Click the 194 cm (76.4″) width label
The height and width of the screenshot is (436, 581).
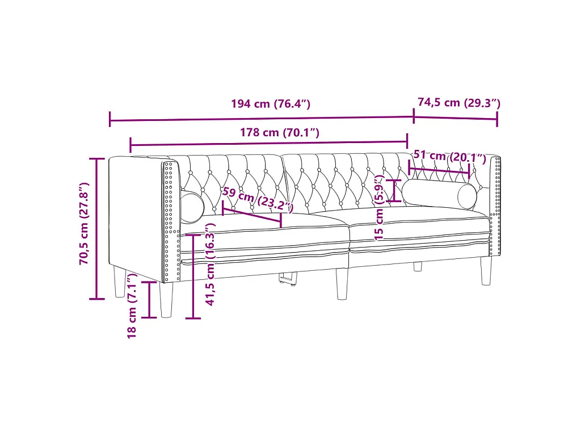271,103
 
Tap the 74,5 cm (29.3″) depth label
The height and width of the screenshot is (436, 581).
459,103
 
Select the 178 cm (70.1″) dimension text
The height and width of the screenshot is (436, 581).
279,132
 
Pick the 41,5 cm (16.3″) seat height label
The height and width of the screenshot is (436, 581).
210,264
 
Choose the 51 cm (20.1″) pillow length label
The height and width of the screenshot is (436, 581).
449,157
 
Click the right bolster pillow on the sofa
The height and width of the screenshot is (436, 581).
440,193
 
